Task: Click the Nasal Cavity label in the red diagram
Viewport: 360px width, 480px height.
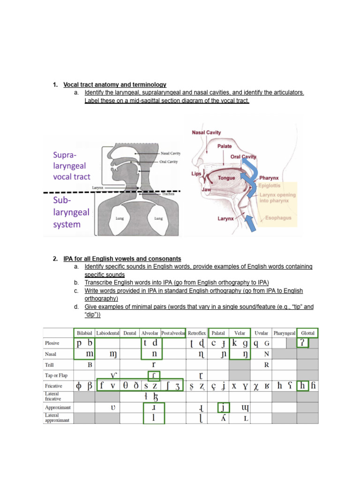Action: (x=206, y=133)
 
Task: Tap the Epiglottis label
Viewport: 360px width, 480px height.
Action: (x=269, y=185)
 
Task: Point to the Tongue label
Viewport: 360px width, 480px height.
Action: (x=226, y=178)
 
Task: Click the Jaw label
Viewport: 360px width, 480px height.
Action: (x=206, y=189)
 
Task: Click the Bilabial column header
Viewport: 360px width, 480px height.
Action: (x=84, y=333)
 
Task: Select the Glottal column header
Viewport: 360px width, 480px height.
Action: (x=308, y=333)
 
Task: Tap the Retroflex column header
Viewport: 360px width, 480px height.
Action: (x=196, y=333)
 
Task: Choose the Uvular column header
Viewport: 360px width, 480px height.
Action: (x=262, y=333)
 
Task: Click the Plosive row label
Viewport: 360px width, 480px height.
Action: (x=52, y=343)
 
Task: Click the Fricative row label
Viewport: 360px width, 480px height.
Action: (x=53, y=386)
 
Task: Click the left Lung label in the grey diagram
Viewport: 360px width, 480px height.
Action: (x=120, y=218)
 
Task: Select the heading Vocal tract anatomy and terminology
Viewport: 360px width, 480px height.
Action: (x=115, y=85)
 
